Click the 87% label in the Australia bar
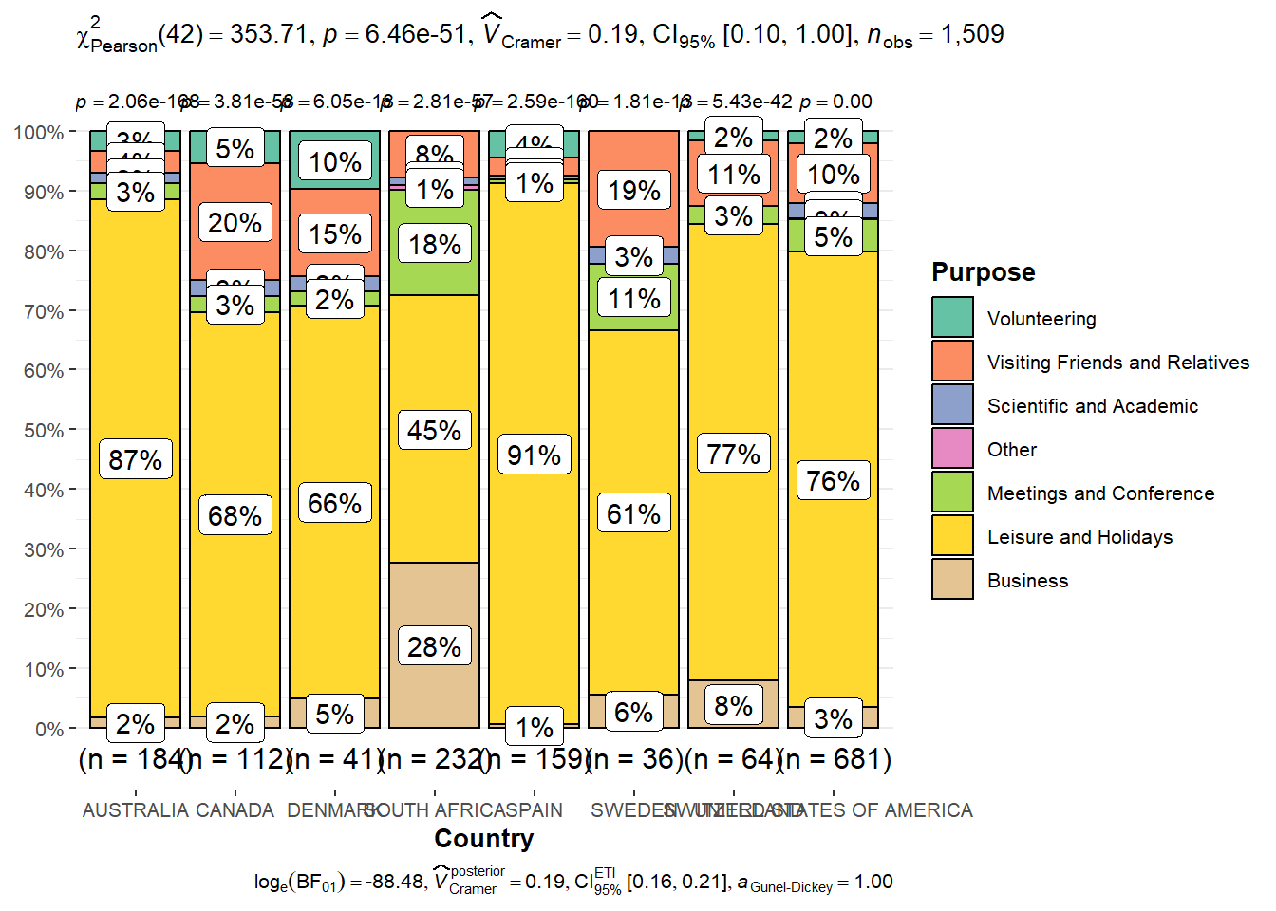(x=136, y=460)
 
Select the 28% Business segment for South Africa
(x=435, y=646)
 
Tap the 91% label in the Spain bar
(x=535, y=455)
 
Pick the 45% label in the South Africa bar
(x=435, y=430)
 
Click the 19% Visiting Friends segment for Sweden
(x=634, y=191)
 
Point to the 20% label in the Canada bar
(x=235, y=223)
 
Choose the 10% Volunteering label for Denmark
(x=335, y=162)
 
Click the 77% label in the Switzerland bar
(x=734, y=455)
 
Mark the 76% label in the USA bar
(x=834, y=481)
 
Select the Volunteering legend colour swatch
(x=952, y=318)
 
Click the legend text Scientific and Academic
(x=1092, y=406)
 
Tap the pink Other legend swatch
(x=952, y=449)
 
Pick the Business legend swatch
(x=952, y=580)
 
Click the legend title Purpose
(x=983, y=272)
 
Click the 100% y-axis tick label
(x=39, y=132)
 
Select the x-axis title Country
(x=483, y=839)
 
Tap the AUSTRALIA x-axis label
(x=136, y=810)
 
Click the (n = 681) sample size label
(x=835, y=759)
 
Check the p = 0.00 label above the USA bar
(x=835, y=102)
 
